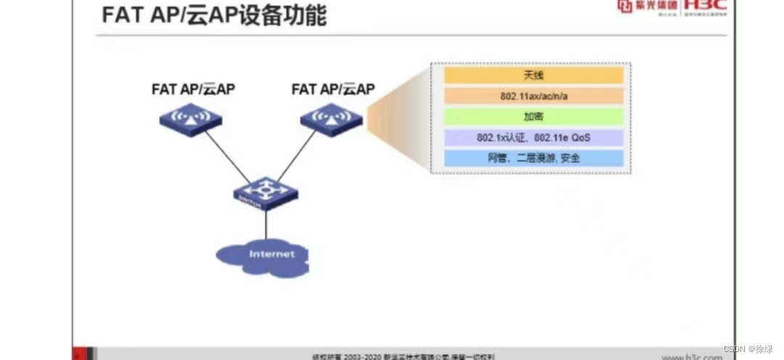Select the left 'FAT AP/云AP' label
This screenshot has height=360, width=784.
point(193,89)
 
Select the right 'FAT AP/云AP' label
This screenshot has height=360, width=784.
point(333,89)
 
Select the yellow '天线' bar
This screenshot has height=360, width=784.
point(533,75)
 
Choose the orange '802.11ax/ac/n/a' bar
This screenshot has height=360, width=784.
point(533,96)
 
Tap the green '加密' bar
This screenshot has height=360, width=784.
point(533,116)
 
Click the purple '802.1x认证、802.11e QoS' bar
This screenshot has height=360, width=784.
point(533,137)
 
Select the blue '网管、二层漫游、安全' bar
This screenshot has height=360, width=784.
point(533,157)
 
